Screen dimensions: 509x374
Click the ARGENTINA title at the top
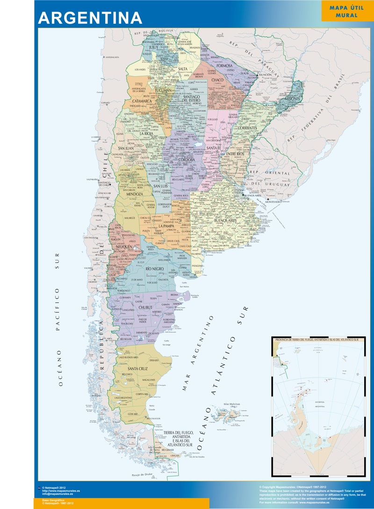point(90,17)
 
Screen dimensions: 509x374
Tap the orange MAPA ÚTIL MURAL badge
point(346,12)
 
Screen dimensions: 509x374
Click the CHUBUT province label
point(146,307)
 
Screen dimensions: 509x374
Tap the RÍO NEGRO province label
point(155,269)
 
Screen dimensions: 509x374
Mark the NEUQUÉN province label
point(121,246)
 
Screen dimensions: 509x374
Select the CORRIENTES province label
point(247,128)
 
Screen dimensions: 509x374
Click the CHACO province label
point(217,80)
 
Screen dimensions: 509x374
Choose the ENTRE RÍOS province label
point(235,154)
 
